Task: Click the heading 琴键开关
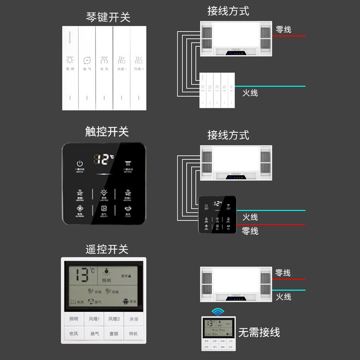click(108, 18)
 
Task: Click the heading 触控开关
click(107, 131)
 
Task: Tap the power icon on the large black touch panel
click(80, 164)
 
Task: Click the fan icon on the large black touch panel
click(80, 210)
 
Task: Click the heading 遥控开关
click(107, 249)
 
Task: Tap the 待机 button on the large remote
click(134, 333)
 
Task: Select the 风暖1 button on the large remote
click(94, 319)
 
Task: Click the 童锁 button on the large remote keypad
click(114, 333)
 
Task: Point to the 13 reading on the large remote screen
click(83, 274)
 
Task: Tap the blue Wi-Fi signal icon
click(218, 311)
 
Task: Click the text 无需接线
click(259, 333)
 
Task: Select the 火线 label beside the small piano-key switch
click(250, 93)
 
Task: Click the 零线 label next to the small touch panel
click(250, 231)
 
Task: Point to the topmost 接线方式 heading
click(228, 11)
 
